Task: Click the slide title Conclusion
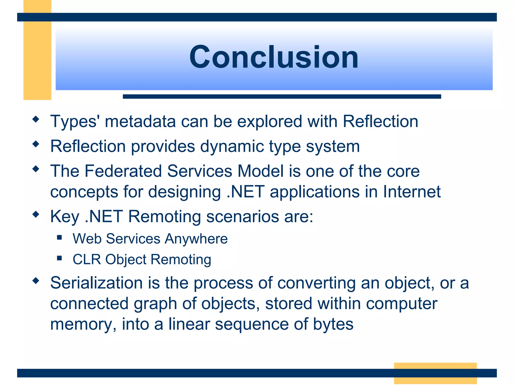click(x=274, y=57)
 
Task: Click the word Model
click(x=261, y=171)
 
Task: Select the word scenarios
click(x=242, y=217)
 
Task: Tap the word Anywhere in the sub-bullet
click(x=196, y=239)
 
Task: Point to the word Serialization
click(x=96, y=283)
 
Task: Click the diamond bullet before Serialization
click(x=36, y=280)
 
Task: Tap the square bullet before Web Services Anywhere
click(x=59, y=237)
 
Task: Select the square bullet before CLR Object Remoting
click(x=59, y=258)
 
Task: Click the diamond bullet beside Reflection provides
click(x=36, y=144)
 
